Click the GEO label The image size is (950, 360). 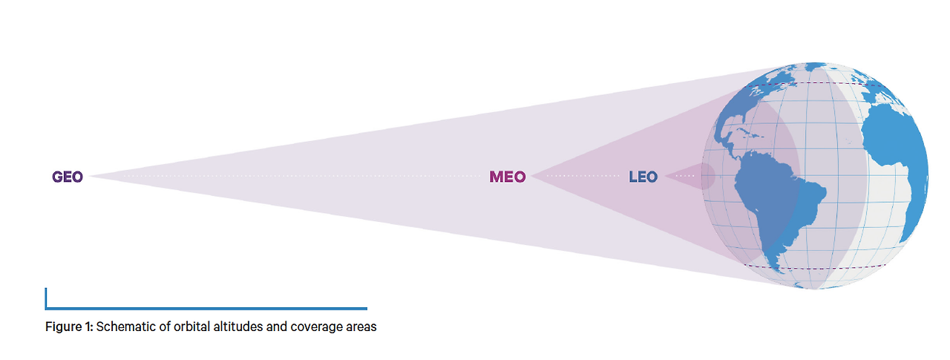pyautogui.click(x=67, y=177)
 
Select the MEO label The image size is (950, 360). pyautogui.click(x=508, y=177)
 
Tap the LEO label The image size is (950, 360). pyautogui.click(x=643, y=177)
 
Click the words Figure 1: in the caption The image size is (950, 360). pyautogui.click(x=69, y=327)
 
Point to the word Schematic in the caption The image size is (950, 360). pyautogui.click(x=124, y=327)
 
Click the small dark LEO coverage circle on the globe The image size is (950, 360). pyautogui.click(x=707, y=177)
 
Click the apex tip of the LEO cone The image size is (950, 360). pyautogui.click(x=666, y=177)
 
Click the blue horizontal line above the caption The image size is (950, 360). pyautogui.click(x=208, y=308)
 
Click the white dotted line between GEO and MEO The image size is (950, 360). pyautogui.click(x=297, y=177)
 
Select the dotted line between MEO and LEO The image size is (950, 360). pyautogui.click(x=579, y=177)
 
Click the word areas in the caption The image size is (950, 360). pyautogui.click(x=358, y=327)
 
